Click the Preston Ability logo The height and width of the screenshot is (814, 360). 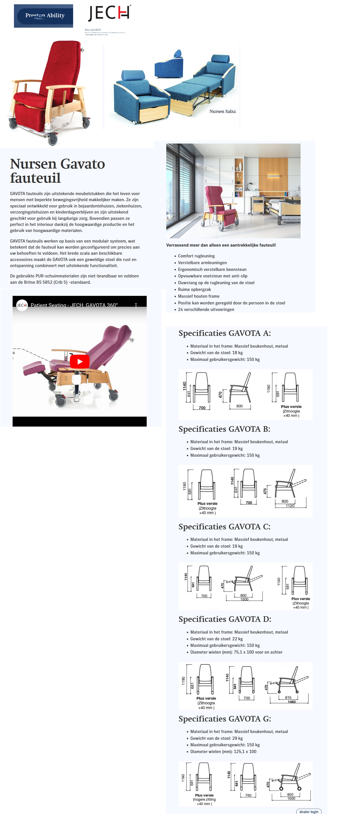pyautogui.click(x=44, y=16)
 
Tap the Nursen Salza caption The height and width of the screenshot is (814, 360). pyautogui.click(x=222, y=111)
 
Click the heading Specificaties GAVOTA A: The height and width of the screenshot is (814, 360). pyautogui.click(x=224, y=333)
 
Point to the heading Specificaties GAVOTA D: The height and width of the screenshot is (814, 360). pyautogui.click(x=224, y=619)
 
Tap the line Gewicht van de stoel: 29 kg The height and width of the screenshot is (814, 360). pyautogui.click(x=216, y=738)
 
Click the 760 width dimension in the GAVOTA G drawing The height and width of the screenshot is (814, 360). pyautogui.click(x=248, y=795)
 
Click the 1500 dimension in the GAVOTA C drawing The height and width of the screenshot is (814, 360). pyautogui.click(x=244, y=599)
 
